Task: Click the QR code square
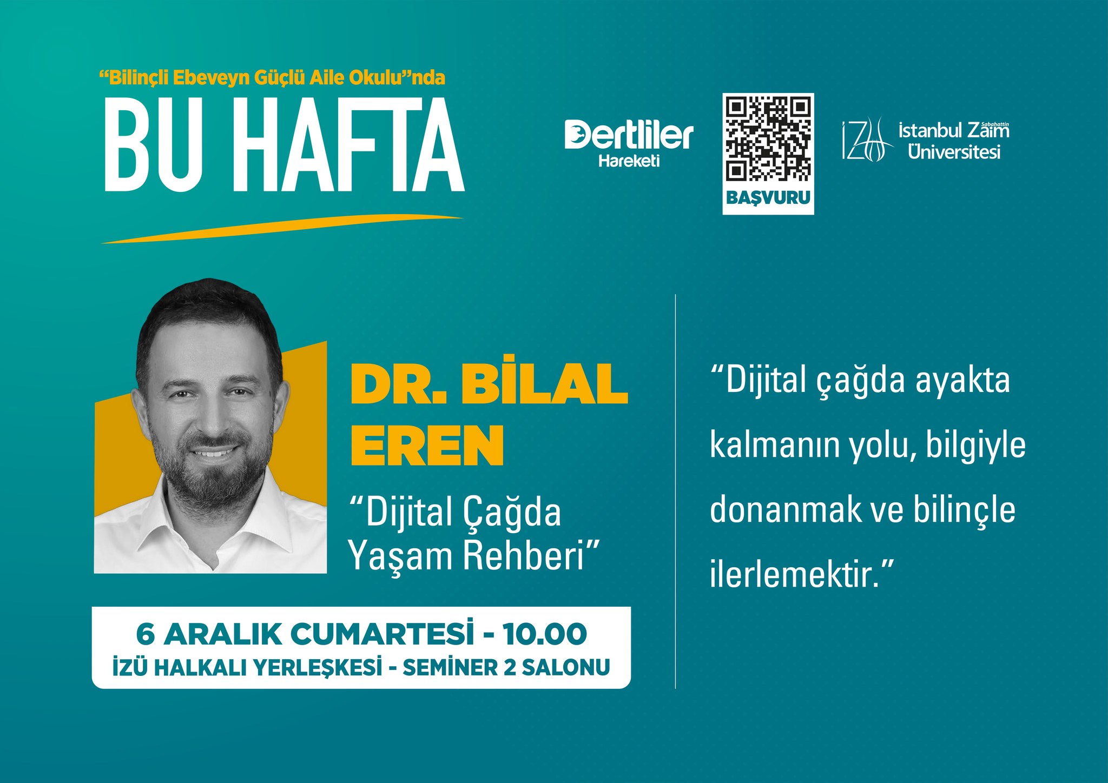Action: [768, 139]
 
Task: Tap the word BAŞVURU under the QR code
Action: [768, 198]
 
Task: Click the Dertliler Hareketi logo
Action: [629, 143]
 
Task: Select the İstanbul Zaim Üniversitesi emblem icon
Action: [866, 139]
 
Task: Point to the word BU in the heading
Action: [154, 145]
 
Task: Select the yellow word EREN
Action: [427, 446]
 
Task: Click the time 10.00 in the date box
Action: [545, 634]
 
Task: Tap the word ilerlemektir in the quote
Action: [792, 574]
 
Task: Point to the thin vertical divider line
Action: [676, 492]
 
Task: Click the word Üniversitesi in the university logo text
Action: [954, 151]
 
